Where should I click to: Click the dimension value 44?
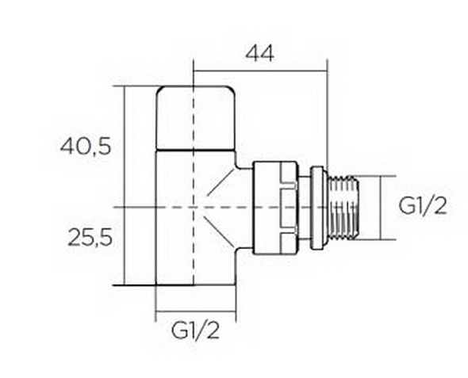[x=259, y=54]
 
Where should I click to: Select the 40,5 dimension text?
[x=86, y=147]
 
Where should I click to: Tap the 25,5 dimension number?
[x=90, y=238]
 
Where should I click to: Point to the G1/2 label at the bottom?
[x=195, y=330]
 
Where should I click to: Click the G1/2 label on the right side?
[x=423, y=206]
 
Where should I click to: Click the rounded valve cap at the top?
[x=196, y=118]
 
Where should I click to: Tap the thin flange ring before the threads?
[x=317, y=208]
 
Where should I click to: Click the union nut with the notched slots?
[x=275, y=208]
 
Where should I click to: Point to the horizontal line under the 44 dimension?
[x=260, y=71]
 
